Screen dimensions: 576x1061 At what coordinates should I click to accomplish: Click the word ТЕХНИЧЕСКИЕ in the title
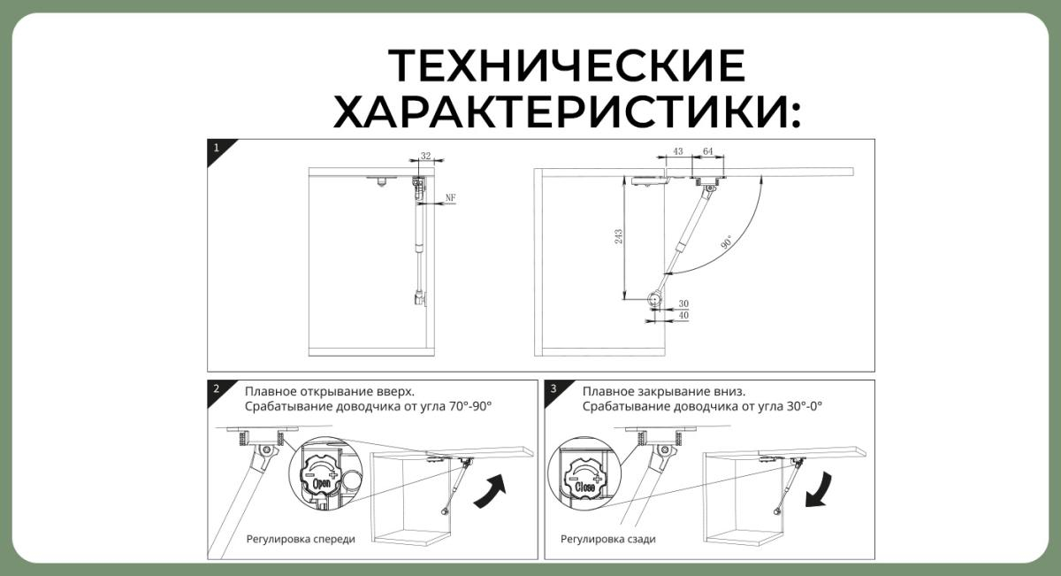tap(567, 66)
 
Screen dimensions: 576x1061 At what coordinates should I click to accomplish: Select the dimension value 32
tap(426, 156)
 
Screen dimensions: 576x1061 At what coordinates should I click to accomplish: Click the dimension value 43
tap(678, 152)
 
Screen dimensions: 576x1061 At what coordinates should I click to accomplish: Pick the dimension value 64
tap(708, 152)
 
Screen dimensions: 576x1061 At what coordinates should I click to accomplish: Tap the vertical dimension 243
tap(619, 236)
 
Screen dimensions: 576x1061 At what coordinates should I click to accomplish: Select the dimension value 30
tap(683, 303)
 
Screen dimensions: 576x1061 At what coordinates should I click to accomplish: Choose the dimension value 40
tap(683, 315)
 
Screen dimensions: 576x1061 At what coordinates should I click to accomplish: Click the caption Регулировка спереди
tap(301, 539)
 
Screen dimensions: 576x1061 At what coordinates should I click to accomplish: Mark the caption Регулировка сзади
tap(608, 539)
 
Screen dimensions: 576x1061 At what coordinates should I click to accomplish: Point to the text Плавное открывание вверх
tap(330, 391)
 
